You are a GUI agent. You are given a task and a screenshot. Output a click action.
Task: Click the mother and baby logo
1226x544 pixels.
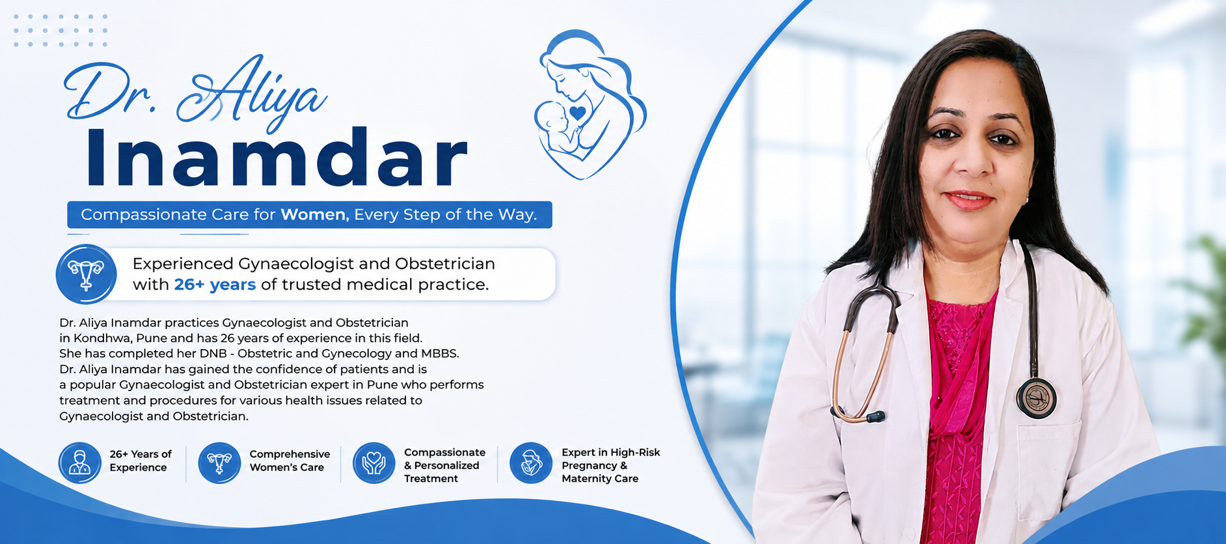pyautogui.click(x=590, y=104)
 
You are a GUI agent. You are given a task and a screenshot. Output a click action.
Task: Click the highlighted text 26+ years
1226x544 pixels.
pyautogui.click(x=215, y=285)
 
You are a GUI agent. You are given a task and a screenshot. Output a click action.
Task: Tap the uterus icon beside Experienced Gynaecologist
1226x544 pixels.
pyautogui.click(x=86, y=274)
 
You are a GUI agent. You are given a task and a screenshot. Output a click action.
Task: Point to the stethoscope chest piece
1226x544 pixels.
pyautogui.click(x=1037, y=398)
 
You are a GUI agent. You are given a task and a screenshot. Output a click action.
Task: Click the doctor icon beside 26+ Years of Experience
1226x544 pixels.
pyautogui.click(x=80, y=463)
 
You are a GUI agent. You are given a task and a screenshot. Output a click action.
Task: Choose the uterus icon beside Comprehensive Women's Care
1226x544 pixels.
pyautogui.click(x=219, y=463)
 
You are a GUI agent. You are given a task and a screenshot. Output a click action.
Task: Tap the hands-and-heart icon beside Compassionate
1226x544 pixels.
pyautogui.click(x=374, y=463)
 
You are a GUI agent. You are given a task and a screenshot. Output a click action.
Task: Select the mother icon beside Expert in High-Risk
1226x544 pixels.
pyautogui.click(x=531, y=463)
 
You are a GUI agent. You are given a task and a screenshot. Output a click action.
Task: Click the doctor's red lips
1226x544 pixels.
pyautogui.click(x=969, y=199)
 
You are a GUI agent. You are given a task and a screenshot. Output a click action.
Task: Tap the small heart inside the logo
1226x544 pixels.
pyautogui.click(x=577, y=113)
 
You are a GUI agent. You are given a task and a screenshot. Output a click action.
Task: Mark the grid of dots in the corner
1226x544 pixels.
pyautogui.click(x=61, y=30)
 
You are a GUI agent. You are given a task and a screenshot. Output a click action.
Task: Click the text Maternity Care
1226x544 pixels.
pyautogui.click(x=600, y=479)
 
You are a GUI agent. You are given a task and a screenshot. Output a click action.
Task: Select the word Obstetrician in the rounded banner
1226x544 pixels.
pyautogui.click(x=445, y=264)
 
